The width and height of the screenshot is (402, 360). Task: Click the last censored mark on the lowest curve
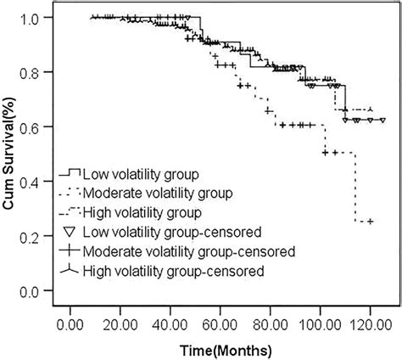point(369,222)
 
